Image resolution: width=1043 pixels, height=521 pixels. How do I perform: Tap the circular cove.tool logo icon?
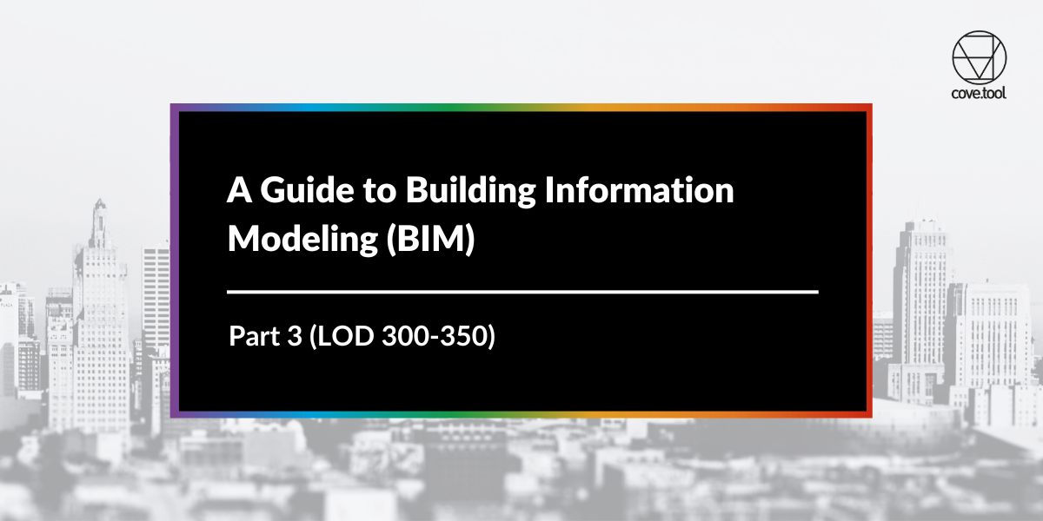point(979,58)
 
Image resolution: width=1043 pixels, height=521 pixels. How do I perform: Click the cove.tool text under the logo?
point(979,93)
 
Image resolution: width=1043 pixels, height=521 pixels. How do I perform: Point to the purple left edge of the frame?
point(173,260)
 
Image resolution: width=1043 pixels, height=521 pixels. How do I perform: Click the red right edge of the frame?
point(869,260)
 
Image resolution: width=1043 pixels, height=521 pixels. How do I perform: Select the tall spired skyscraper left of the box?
point(100,287)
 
